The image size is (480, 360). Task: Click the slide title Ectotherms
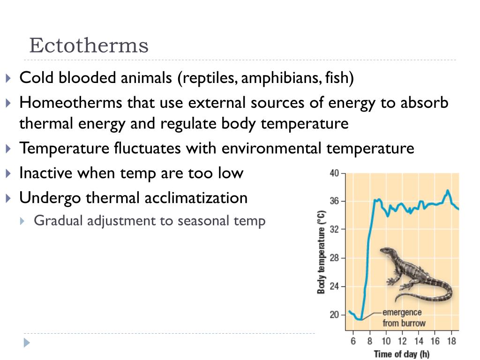coord(89,46)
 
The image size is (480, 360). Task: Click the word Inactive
coord(46,173)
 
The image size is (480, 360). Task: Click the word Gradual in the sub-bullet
coord(55,220)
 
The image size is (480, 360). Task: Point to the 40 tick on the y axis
coord(334,173)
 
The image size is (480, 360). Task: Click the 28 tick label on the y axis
coord(334,258)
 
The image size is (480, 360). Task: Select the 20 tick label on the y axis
coord(334,315)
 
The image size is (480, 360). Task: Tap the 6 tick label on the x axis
coord(353,341)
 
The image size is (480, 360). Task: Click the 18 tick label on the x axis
coord(452,341)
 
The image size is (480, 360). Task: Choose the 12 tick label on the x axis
coord(402,341)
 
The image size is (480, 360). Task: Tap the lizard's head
coord(385,251)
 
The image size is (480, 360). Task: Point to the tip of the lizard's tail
coord(397,300)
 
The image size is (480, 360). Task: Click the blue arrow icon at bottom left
coord(27,342)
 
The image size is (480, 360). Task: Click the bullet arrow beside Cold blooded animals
coord(10,78)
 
